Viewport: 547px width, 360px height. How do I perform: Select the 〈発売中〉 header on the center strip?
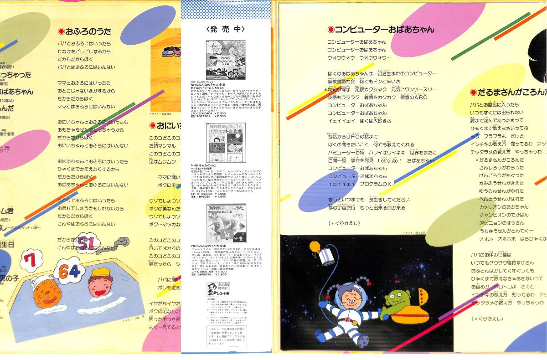point(226,29)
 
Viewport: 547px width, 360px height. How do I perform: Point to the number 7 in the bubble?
point(31,261)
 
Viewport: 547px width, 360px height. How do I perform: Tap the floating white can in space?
point(328,257)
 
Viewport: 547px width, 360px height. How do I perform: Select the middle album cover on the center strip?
point(226,143)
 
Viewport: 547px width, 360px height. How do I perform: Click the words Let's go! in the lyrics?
point(388,160)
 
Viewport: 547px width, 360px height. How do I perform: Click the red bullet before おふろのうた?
point(61,31)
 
